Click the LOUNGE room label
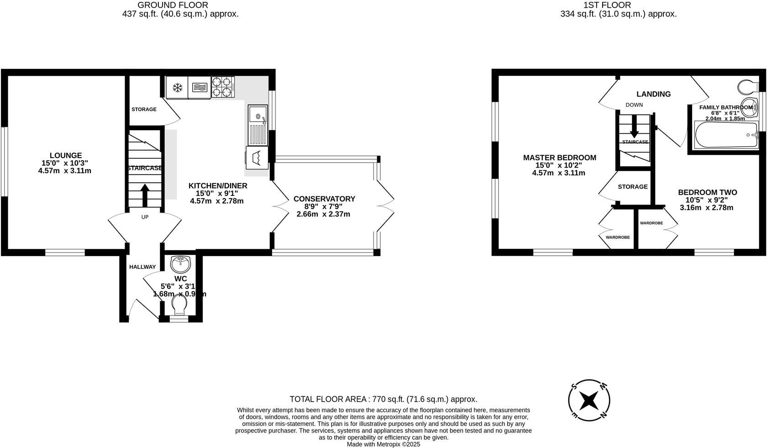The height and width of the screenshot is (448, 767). coord(66,155)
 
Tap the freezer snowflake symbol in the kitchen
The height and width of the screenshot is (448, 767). coord(177,87)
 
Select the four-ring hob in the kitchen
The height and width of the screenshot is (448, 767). coord(223,87)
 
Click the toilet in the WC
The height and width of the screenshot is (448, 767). coord(179,305)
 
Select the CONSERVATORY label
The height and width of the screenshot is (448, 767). coord(324,199)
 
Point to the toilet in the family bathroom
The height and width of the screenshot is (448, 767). coord(747,86)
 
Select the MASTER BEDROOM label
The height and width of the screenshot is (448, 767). coord(559,158)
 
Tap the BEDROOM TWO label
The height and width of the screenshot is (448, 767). coord(707,193)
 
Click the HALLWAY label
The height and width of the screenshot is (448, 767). coord(142,267)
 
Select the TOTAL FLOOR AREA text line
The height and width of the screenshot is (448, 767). coord(383,399)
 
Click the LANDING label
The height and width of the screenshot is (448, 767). coord(653,94)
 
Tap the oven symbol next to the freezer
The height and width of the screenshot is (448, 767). coord(199,87)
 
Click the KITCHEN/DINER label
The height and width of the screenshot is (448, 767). coord(218,186)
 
